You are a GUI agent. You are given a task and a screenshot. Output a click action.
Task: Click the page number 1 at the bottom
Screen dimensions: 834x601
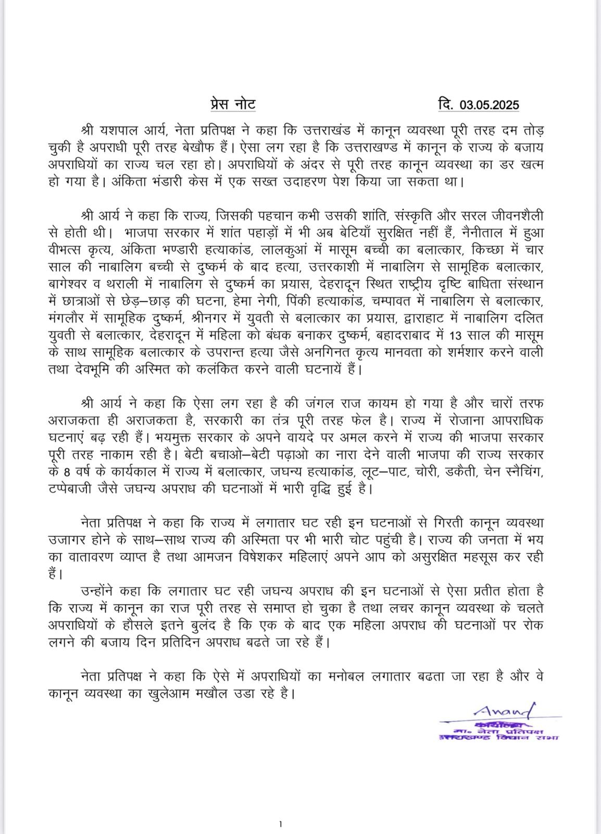[x=280, y=824]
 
